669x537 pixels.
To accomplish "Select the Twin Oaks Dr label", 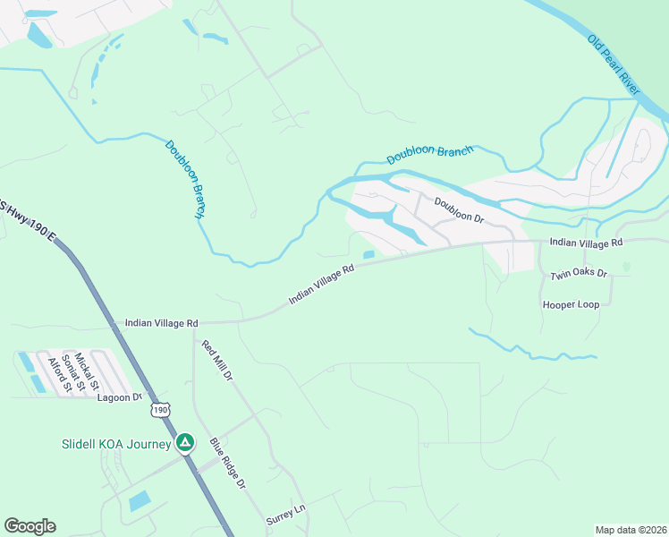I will (579, 274).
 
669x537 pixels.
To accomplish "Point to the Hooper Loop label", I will (571, 304).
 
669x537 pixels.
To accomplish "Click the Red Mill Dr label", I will (216, 362).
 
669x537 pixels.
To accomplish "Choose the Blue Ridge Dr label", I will (227, 463).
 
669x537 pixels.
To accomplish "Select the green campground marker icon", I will (185, 442).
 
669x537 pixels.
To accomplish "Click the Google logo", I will (30, 526).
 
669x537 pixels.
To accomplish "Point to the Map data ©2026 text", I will (631, 530).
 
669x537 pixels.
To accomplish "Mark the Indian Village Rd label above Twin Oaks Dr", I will (586, 243).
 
